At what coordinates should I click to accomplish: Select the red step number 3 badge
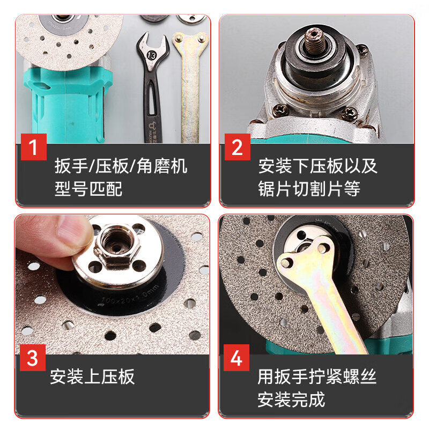[x=33, y=358]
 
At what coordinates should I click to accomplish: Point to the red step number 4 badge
[x=237, y=358]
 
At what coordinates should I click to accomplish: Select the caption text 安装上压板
[x=92, y=376]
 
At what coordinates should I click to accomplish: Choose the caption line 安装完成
[x=291, y=400]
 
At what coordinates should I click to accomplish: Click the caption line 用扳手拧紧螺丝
[x=317, y=376]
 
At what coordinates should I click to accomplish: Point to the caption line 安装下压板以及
[x=317, y=166]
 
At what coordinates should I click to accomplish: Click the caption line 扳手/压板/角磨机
[x=121, y=166]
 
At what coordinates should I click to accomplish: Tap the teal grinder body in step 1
[x=64, y=107]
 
